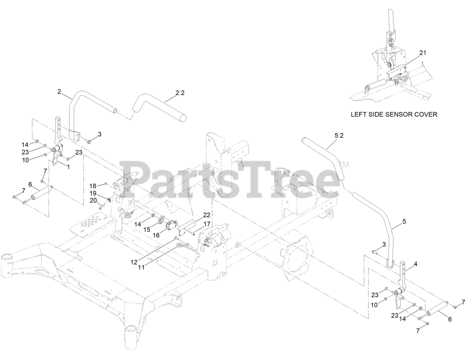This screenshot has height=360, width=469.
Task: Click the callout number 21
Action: pos(423,53)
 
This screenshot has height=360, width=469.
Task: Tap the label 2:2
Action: pos(180,93)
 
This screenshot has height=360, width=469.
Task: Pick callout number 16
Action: pos(156,235)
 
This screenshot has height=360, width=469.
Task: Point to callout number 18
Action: pos(93,185)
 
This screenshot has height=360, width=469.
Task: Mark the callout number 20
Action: pos(93,200)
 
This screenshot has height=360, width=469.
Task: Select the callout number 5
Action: pos(404,221)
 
